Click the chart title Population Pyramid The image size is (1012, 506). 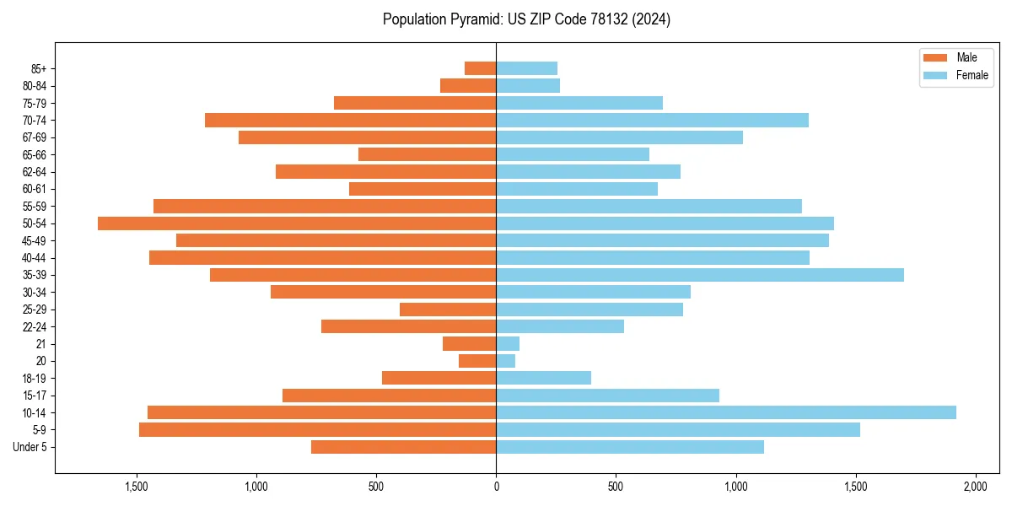pyautogui.click(x=526, y=19)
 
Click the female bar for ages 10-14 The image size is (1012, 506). pyautogui.click(x=725, y=412)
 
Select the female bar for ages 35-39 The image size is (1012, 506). pyautogui.click(x=700, y=275)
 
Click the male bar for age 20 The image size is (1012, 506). pyautogui.click(x=477, y=361)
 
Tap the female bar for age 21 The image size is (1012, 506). pyautogui.click(x=508, y=344)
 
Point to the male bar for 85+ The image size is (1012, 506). pyautogui.click(x=480, y=68)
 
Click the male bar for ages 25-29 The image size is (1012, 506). pyautogui.click(x=448, y=310)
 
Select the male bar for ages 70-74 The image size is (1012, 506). pyautogui.click(x=350, y=121)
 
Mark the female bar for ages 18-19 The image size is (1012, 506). pyautogui.click(x=543, y=378)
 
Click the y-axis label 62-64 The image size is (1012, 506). pyautogui.click(x=35, y=172)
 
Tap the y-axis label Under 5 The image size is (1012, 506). pyautogui.click(x=30, y=447)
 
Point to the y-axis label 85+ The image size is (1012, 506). pyautogui.click(x=39, y=68)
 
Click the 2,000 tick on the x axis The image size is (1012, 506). pyautogui.click(x=976, y=487)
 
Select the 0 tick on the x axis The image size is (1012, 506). pyautogui.click(x=496, y=487)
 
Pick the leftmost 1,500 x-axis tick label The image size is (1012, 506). pyautogui.click(x=137, y=487)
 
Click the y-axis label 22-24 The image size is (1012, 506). pyautogui.click(x=35, y=326)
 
